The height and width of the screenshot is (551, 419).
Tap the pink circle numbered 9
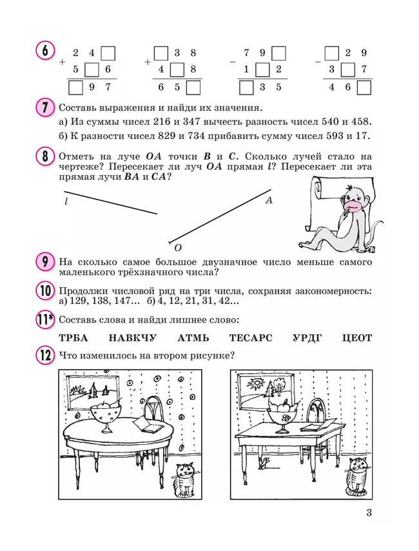[x=45, y=263]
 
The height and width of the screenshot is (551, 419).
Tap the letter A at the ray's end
[x=269, y=200]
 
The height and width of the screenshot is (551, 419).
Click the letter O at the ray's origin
[x=178, y=247]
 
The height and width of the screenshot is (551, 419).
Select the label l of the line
[x=66, y=201]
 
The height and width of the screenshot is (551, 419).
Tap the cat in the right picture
[x=355, y=477]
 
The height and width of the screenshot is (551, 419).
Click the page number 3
[x=369, y=513]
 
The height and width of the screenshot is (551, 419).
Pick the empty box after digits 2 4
[x=108, y=53]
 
